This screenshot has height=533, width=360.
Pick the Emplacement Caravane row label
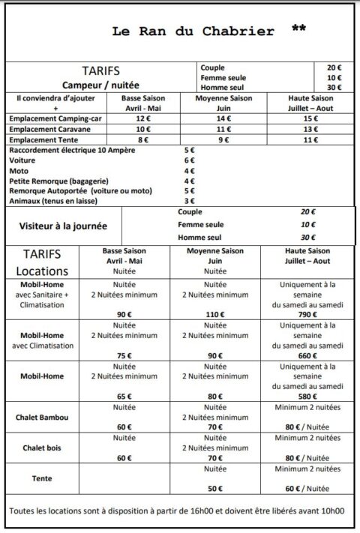click(x=49, y=128)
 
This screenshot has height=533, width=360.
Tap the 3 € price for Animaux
click(x=189, y=201)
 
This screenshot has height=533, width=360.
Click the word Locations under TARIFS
click(x=46, y=271)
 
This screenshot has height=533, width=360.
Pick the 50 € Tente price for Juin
click(x=215, y=488)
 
